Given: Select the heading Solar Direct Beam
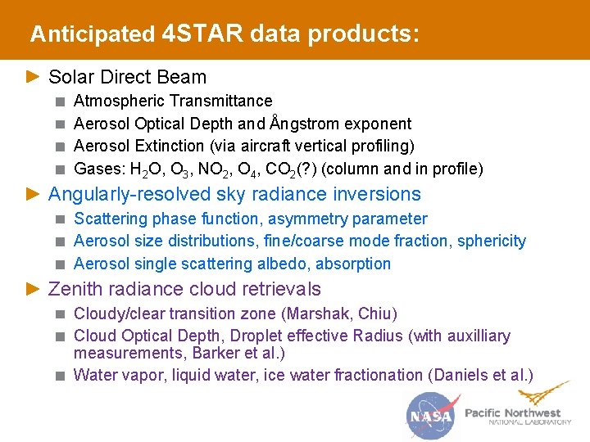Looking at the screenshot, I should point(127,77).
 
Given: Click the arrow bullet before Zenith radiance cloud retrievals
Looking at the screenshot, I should point(32,289).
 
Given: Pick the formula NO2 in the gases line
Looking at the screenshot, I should point(216,169).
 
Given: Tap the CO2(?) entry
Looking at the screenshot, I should point(294,169).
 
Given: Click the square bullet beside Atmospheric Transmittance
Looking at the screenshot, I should point(60,101).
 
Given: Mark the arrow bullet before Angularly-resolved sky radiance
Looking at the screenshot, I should point(32,194).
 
